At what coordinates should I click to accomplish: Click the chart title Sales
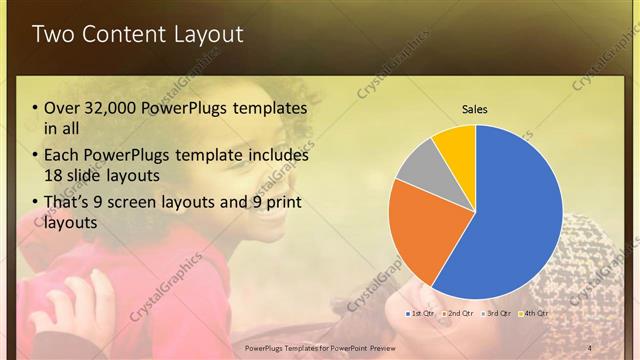(475, 109)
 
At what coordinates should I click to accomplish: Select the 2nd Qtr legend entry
(457, 313)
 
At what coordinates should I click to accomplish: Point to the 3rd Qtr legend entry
(496, 313)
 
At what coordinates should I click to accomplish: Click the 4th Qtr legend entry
(533, 313)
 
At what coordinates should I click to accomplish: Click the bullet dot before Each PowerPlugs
(36, 156)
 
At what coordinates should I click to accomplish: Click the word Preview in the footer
(390, 347)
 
